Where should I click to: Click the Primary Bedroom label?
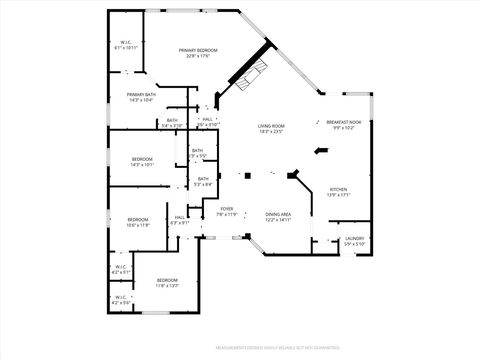[x=198, y=50]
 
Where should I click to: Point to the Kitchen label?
[x=338, y=189]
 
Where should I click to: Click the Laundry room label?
[x=355, y=238]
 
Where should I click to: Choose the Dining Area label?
[x=278, y=214]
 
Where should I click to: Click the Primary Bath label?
[x=140, y=95]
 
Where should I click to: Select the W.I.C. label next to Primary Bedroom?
[x=125, y=42]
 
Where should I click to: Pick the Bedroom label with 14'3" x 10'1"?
[x=142, y=159]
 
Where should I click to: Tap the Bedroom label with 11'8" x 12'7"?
[x=166, y=280]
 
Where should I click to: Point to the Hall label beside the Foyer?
[x=179, y=217]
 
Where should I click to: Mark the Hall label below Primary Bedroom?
[x=206, y=119]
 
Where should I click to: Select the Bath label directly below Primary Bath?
[x=172, y=121]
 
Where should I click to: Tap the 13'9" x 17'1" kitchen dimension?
[x=338, y=195]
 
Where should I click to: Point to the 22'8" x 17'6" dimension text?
[x=198, y=56]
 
